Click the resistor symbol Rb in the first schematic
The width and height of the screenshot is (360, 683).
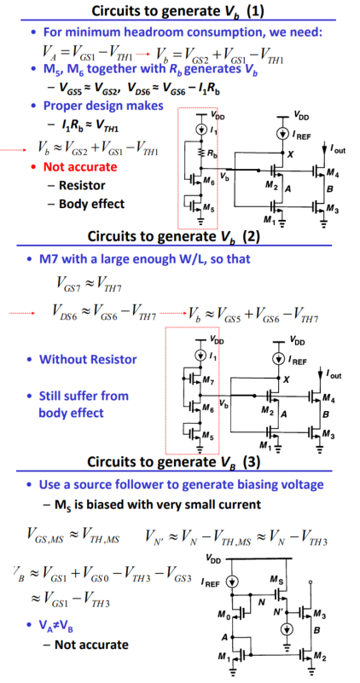coord(201,153)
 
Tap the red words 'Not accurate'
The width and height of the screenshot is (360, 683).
coord(80,167)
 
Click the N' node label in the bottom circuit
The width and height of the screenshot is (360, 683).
coord(279,611)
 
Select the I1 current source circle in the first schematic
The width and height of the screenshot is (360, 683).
coord(201,130)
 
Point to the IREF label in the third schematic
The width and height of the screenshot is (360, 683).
coord(212,582)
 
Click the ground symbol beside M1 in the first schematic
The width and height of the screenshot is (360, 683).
coord(283,225)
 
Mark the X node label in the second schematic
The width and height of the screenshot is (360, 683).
coord(286,379)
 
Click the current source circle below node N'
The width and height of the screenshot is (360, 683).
coord(287,628)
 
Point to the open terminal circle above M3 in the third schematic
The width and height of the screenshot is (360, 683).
coord(310,582)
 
